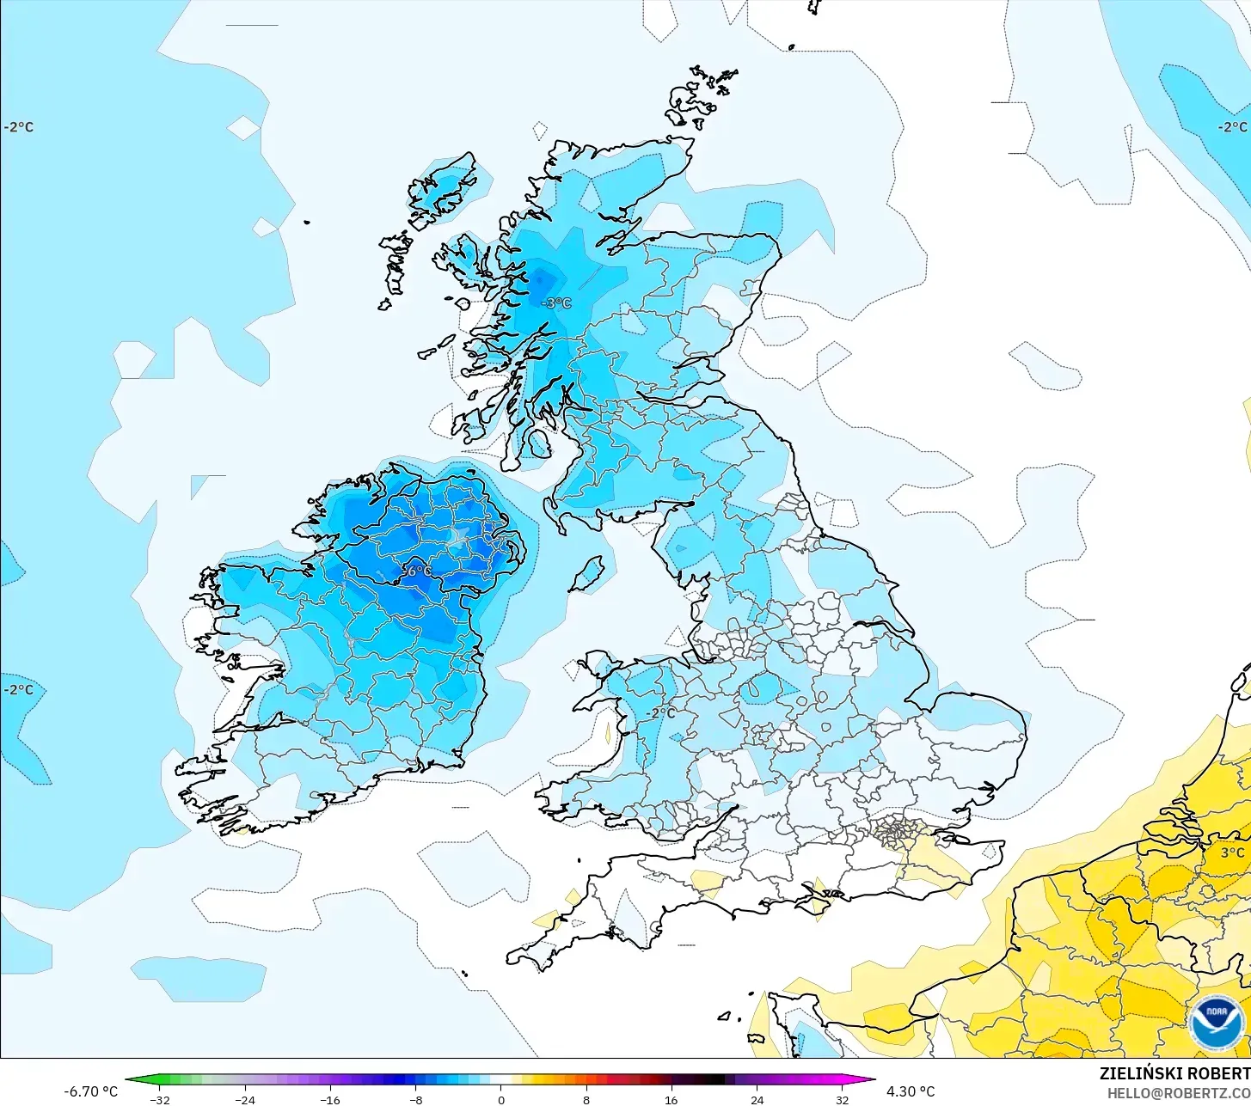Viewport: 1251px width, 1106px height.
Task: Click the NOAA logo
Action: pos(1217,1024)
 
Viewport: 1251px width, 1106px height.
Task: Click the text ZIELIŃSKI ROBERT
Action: pos(1174,1073)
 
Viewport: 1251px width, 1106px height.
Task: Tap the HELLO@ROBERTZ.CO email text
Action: pos(1178,1093)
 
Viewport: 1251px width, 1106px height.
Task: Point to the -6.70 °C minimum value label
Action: pos(90,1091)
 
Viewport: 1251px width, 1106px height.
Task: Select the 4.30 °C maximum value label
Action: pos(911,1091)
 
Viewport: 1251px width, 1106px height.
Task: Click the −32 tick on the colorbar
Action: pos(160,1100)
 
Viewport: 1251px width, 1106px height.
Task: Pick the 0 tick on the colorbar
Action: pos(500,1100)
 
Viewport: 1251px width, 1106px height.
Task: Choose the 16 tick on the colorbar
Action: pos(671,1100)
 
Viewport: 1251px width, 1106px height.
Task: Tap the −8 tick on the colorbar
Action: pos(415,1100)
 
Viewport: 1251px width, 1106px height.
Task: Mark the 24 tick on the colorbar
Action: pos(756,1100)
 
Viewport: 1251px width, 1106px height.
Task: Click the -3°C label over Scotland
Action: pos(555,302)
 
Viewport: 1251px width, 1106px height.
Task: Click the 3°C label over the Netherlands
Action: pos(1232,852)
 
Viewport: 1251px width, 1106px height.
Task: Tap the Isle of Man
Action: pos(588,573)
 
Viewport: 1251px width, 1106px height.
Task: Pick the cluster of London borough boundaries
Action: pos(898,832)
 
